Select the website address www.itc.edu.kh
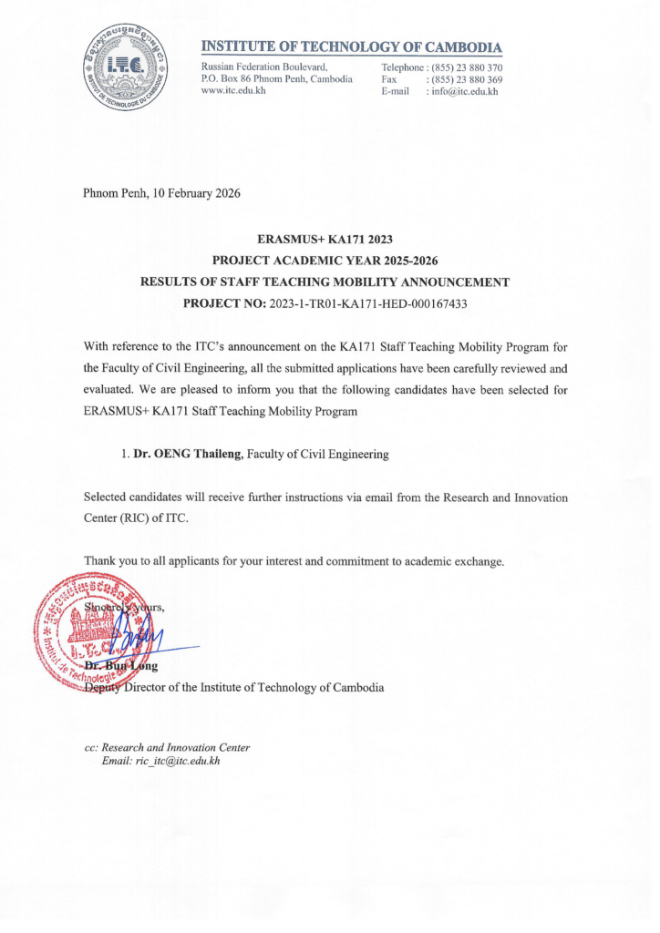coord(232,92)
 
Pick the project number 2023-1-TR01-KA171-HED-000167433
coord(369,303)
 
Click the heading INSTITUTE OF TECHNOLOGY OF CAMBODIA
coord(351,46)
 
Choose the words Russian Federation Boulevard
coord(263,67)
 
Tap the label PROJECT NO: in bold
coord(225,303)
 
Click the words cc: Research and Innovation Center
coord(167,747)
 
